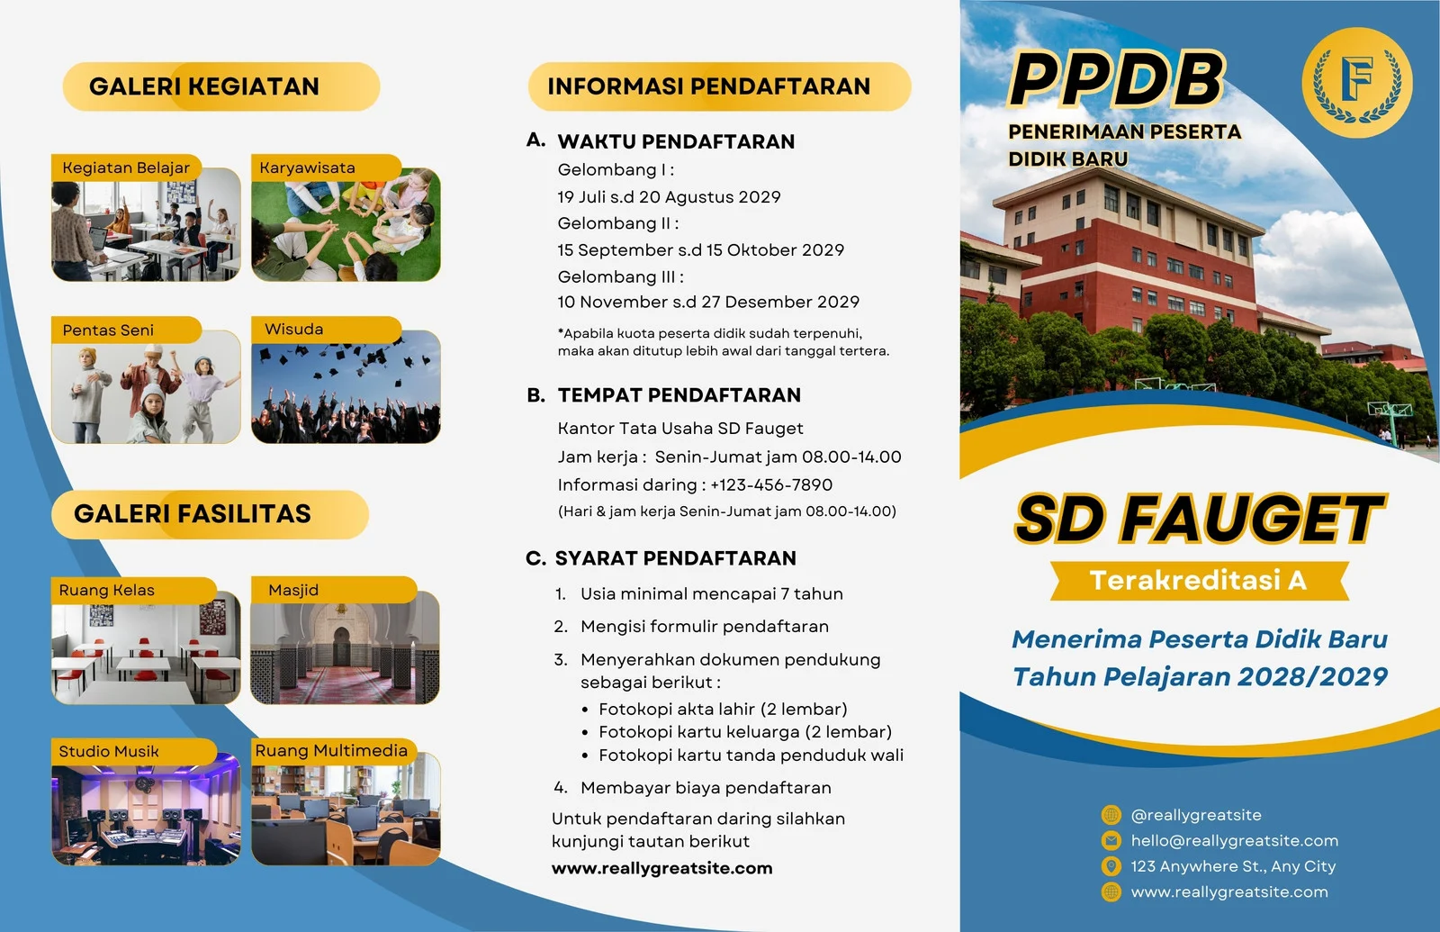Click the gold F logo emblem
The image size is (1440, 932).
tap(1357, 82)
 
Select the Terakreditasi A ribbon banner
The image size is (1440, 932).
tap(1200, 581)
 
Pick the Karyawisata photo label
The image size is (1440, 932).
tap(307, 167)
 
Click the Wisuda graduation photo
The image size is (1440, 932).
tap(346, 386)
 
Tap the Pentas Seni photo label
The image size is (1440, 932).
tap(108, 330)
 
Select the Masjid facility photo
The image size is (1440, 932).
tap(346, 647)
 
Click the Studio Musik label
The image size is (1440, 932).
tap(109, 751)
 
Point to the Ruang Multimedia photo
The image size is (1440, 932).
tap(346, 809)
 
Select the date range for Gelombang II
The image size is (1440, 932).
tap(701, 249)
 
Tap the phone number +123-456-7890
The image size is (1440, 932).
tap(771, 484)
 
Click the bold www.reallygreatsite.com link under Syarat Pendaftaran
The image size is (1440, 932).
tap(662, 868)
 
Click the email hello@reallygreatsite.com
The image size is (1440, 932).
tap(1234, 841)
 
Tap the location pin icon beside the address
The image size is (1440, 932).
tap(1111, 865)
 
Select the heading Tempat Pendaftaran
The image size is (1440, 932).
tap(679, 395)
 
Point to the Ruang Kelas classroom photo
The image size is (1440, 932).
tap(146, 647)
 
